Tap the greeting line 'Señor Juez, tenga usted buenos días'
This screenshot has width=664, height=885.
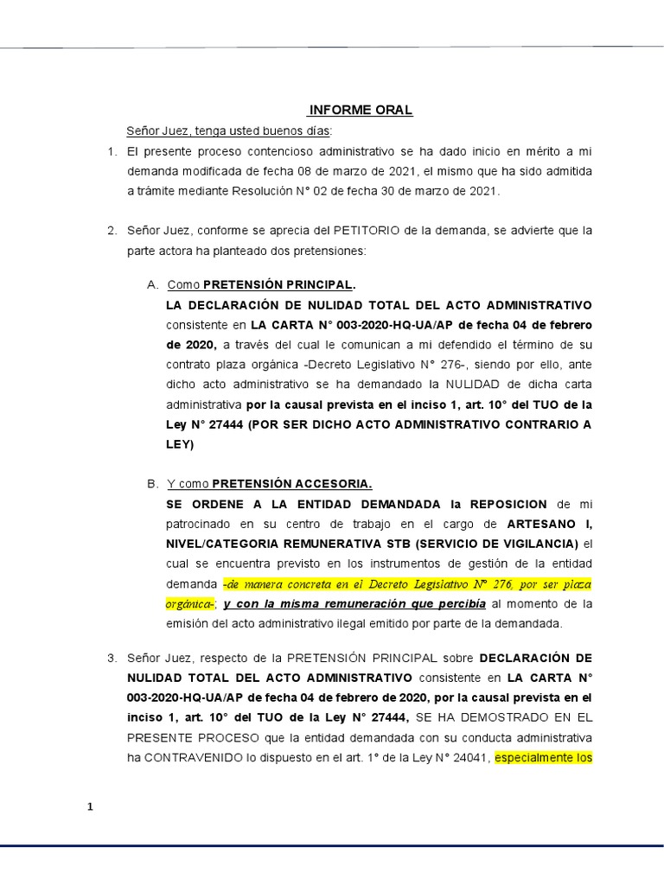[228, 131]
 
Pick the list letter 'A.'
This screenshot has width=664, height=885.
[153, 285]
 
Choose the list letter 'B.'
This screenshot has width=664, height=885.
[153, 484]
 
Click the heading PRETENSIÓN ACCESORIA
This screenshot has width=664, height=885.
[292, 484]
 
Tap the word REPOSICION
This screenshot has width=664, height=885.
[505, 504]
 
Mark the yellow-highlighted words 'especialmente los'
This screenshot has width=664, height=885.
[543, 758]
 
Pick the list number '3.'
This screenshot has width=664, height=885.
[112, 658]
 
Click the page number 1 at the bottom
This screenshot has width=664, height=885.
[89, 807]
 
